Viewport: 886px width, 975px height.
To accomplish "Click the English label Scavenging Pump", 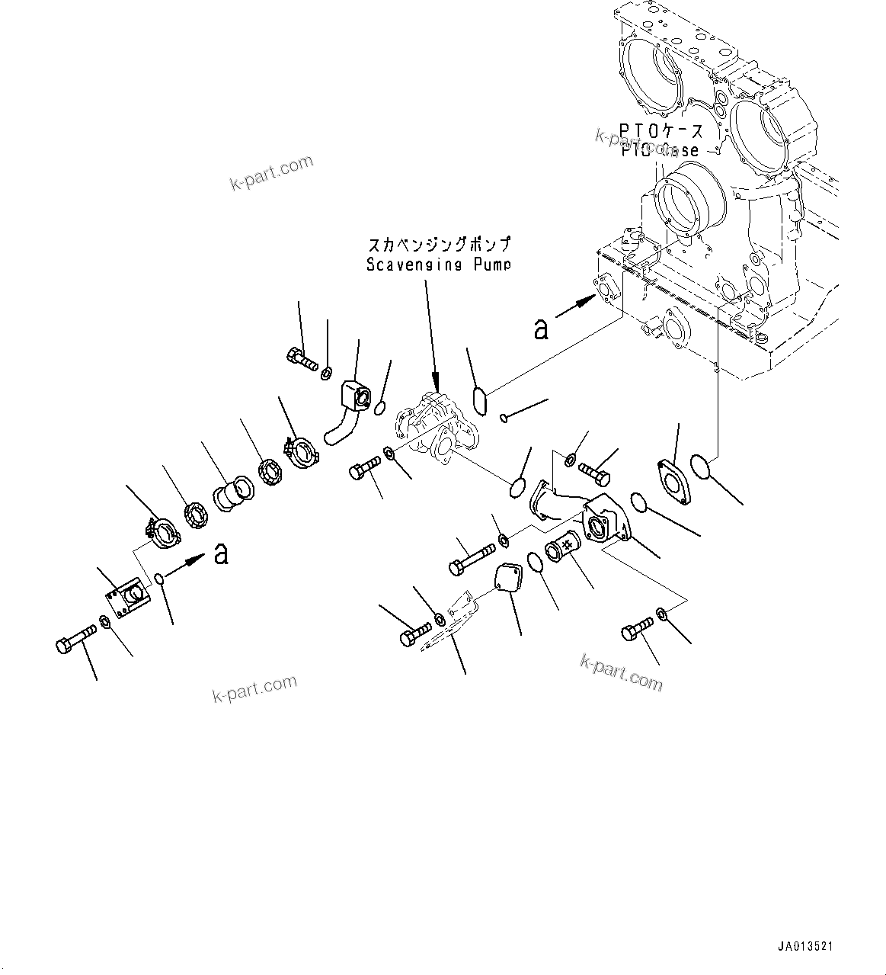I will coord(437,265).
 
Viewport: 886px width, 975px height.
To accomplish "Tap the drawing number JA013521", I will coord(805,946).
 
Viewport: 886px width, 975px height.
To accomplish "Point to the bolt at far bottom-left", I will coord(75,638).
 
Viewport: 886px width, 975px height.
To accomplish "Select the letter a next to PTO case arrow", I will coord(541,329).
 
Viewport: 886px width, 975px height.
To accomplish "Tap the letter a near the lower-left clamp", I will coord(221,553).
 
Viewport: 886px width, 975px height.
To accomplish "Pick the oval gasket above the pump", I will coord(481,402).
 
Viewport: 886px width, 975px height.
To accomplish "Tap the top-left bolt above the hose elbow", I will coord(302,356).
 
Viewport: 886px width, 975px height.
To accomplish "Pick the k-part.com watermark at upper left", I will coord(271,174).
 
